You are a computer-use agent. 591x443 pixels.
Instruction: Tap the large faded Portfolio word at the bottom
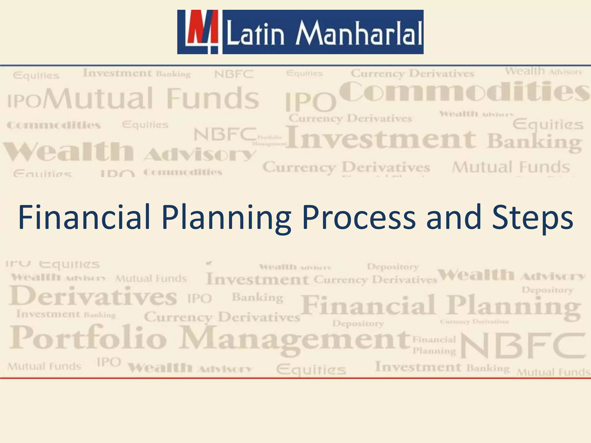click(x=88, y=337)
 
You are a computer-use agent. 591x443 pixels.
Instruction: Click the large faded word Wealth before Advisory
click(x=69, y=151)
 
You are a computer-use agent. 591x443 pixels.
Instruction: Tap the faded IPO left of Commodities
click(x=311, y=102)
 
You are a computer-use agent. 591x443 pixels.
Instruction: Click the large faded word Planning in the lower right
click(x=514, y=306)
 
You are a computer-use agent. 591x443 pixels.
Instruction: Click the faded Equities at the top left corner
click(x=36, y=76)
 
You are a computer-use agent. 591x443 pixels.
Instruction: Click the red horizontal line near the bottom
click(x=295, y=378)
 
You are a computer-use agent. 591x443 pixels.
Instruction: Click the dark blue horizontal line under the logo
click(x=295, y=65)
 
